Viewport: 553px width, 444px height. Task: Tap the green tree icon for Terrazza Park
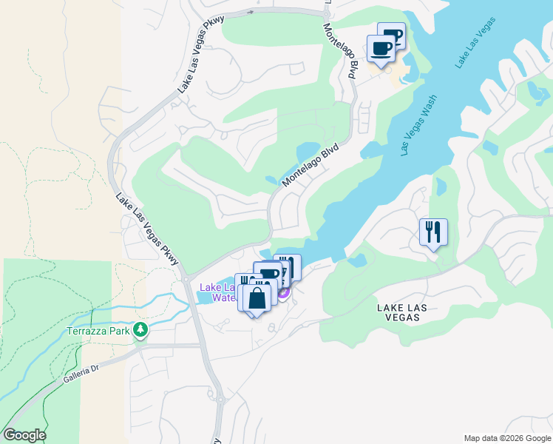[x=140, y=330]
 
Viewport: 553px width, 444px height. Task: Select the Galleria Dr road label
[x=81, y=372]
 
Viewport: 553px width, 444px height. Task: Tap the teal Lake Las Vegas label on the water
[x=473, y=47]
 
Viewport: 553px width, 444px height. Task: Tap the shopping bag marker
[x=257, y=299]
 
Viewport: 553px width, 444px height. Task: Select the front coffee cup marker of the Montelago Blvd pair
[x=381, y=49]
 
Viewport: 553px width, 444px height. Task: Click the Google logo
[x=24, y=435]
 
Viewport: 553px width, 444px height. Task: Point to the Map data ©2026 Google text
[x=506, y=438]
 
